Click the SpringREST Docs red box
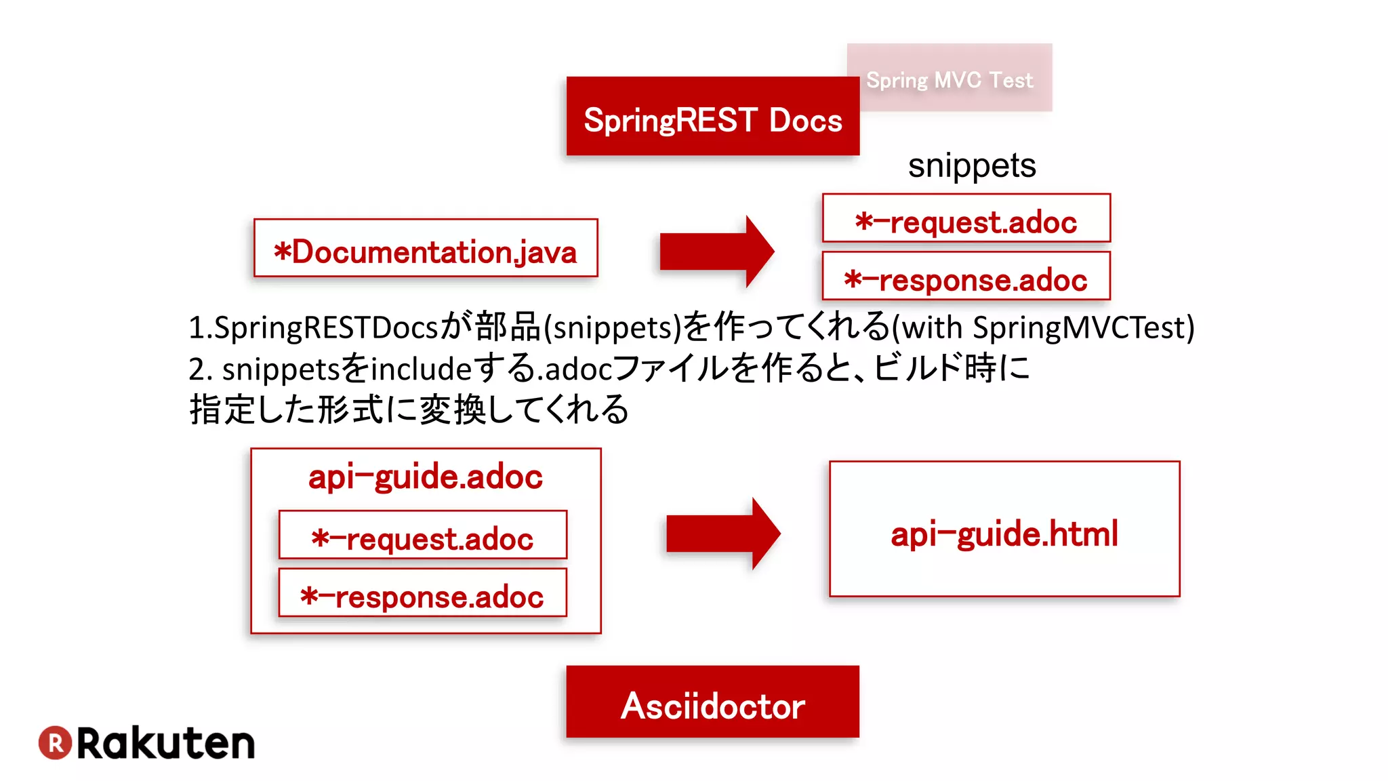pos(712,117)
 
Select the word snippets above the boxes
pos(971,165)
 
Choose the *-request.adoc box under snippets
pos(966,218)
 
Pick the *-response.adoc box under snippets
pos(966,276)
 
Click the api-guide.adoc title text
pos(426,477)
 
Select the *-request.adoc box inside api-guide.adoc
pos(423,535)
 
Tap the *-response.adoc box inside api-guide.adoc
pos(423,593)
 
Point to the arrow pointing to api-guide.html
pos(722,534)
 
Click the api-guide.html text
pos(1004,534)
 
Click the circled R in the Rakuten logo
pos(55,742)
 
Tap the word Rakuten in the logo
pos(166,743)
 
